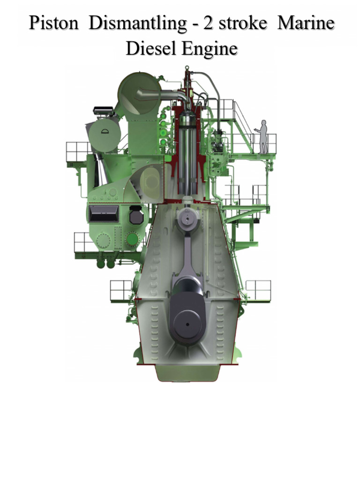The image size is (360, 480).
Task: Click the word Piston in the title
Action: tap(53, 24)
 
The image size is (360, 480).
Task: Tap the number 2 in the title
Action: tap(209, 24)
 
